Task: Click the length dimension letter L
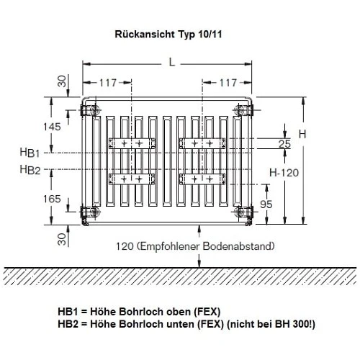click(171, 63)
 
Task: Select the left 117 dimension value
click(109, 81)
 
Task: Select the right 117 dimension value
click(229, 81)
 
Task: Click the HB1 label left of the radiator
click(30, 153)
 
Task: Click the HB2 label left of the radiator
click(30, 170)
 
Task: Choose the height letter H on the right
click(302, 135)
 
